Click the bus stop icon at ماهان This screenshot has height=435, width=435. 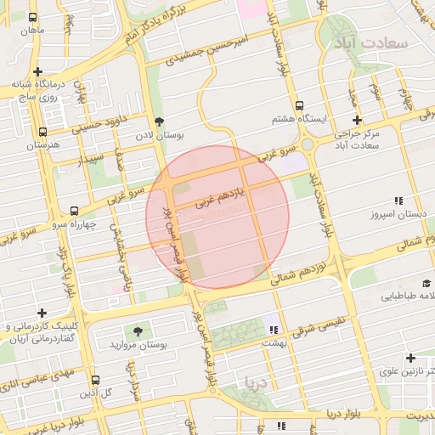tap(33, 17)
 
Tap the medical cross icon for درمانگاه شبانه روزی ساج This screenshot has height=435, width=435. tap(37, 72)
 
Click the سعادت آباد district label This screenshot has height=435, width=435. tap(371, 42)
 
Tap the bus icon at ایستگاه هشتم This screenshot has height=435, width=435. tap(298, 106)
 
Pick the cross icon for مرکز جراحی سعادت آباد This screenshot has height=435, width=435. tap(357, 120)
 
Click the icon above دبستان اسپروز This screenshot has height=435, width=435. tap(398, 201)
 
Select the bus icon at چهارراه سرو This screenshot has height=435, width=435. tap(75, 211)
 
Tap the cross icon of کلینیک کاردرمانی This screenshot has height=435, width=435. tap(42, 313)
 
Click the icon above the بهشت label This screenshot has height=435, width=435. tap(273, 330)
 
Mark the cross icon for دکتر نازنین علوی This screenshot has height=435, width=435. tap(411, 358)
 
